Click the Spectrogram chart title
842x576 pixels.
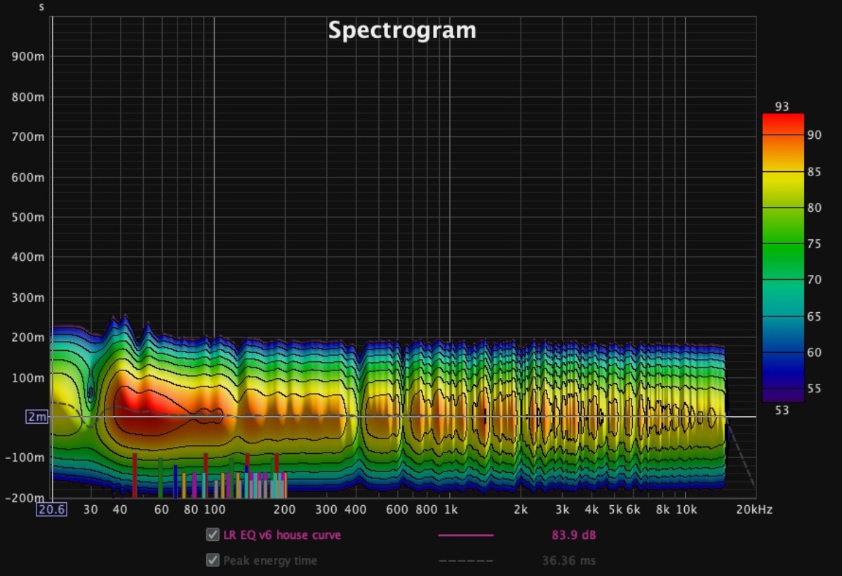click(402, 30)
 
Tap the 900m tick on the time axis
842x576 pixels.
click(28, 57)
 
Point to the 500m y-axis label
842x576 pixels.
click(28, 217)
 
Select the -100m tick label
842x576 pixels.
click(25, 457)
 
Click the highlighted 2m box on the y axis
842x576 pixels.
click(36, 417)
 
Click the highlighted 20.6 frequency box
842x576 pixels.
click(52, 509)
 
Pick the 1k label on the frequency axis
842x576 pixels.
click(450, 509)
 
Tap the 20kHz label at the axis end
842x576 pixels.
click(754, 509)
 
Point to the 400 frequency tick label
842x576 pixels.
click(356, 509)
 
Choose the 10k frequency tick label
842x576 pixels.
click(686, 509)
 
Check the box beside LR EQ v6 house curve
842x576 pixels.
click(212, 535)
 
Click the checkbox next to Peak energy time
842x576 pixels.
click(212, 561)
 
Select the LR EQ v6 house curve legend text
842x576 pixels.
click(282, 535)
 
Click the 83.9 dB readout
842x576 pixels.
click(574, 535)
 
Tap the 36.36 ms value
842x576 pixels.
click(569, 561)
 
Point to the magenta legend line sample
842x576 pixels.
click(466, 535)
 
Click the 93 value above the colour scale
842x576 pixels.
click(782, 107)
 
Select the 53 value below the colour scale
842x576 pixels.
click(782, 410)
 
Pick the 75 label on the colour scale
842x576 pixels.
click(814, 243)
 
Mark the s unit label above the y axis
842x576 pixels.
click(41, 7)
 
